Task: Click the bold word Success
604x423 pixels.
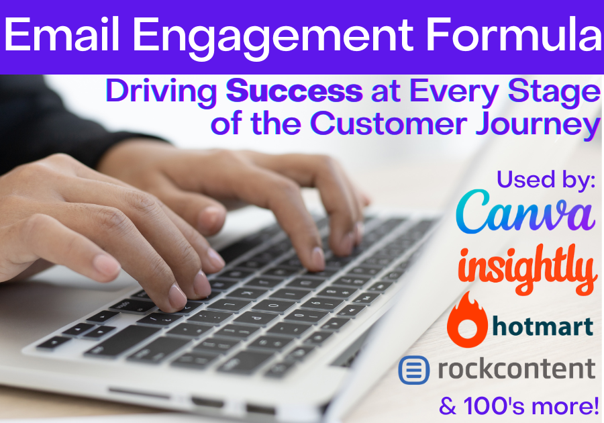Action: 295,91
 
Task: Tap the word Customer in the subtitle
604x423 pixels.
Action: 389,124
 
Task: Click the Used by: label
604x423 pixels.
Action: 546,180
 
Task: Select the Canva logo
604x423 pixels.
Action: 525,212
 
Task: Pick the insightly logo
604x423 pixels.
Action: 527,270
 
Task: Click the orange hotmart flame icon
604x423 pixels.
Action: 467,320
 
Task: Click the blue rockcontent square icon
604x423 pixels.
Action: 414,370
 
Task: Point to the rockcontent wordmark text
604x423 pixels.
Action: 517,369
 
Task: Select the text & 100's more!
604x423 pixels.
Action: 519,406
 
